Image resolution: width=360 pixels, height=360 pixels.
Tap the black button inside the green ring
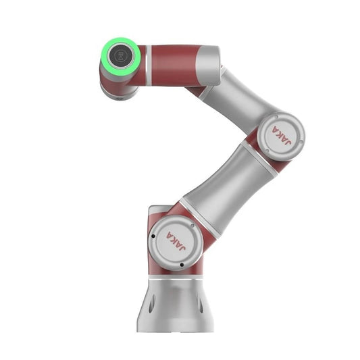click(120, 56)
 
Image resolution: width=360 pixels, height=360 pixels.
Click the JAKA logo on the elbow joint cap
click(282, 136)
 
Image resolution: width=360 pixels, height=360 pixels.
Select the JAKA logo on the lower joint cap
click(176, 241)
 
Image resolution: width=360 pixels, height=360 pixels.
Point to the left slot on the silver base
click(151, 304)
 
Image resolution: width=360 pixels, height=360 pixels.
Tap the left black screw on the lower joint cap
click(153, 236)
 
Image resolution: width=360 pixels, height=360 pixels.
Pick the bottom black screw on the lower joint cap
click(182, 265)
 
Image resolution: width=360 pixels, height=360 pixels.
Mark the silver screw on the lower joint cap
click(192, 226)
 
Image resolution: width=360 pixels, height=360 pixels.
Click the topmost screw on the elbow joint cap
click(276, 117)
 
